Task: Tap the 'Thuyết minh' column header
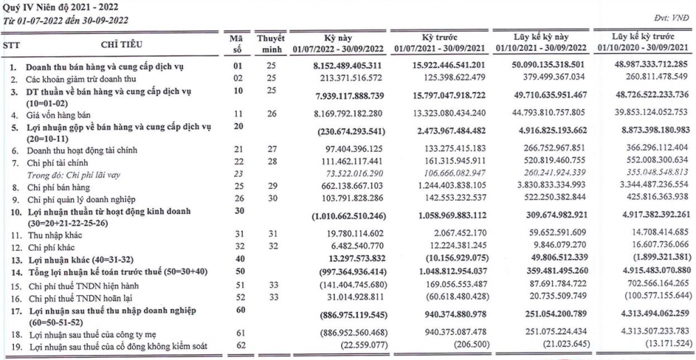click(266, 43)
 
